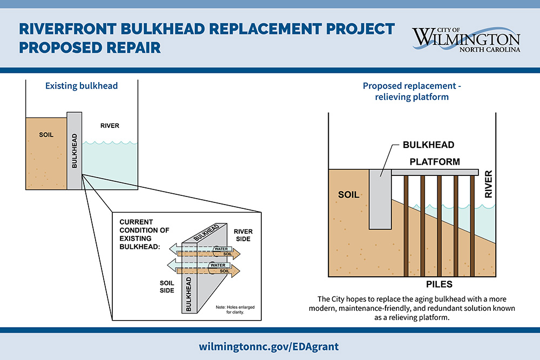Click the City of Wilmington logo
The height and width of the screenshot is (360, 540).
466,39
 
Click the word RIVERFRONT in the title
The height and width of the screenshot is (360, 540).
67,29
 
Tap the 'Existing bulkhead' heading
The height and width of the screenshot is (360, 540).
82,86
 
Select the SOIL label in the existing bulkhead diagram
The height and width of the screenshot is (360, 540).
46,134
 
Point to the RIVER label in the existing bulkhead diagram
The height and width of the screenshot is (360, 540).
110,126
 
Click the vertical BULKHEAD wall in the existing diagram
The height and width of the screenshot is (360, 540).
75,151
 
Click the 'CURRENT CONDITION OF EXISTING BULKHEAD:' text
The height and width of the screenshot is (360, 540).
144,234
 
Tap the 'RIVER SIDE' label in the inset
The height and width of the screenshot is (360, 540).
243,235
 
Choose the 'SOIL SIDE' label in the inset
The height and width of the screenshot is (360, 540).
167,287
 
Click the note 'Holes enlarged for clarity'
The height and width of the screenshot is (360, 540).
235,309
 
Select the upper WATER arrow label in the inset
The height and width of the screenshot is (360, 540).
221,249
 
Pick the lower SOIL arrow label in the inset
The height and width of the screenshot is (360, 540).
225,271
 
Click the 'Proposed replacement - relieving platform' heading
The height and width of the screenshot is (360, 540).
412,91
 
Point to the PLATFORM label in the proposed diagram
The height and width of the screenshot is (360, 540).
435,162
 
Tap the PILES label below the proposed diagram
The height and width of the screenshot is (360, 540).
439,284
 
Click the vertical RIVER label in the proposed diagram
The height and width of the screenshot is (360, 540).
488,184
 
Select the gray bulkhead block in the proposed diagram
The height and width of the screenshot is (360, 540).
380,199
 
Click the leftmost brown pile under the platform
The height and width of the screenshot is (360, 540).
406,226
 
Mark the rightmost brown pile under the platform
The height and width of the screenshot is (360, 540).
472,226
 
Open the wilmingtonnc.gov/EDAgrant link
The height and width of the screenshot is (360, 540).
268,347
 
